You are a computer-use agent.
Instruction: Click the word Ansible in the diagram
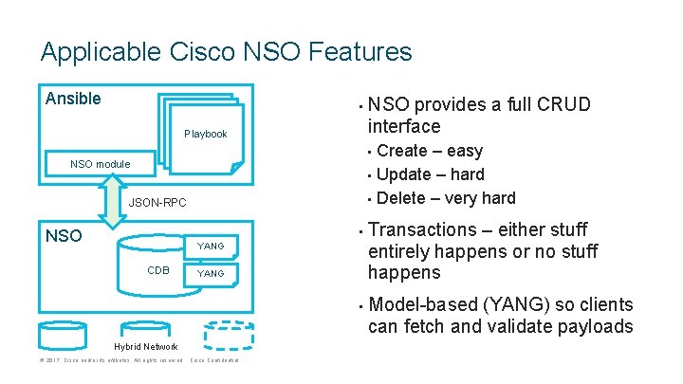(x=74, y=98)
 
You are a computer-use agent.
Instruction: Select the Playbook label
(x=205, y=134)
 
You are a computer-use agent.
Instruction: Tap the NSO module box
(x=100, y=164)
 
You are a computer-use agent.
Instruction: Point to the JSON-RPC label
(x=157, y=203)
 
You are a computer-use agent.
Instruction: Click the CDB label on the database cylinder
(x=158, y=270)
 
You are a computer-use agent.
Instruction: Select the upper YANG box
(x=211, y=247)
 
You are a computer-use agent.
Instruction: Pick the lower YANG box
(x=211, y=274)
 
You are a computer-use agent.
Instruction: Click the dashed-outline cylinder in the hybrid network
(x=229, y=334)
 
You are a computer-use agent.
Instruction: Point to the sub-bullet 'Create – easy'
(x=430, y=151)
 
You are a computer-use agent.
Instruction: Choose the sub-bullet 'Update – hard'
(x=430, y=174)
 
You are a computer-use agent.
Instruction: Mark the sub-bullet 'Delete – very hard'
(x=446, y=198)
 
